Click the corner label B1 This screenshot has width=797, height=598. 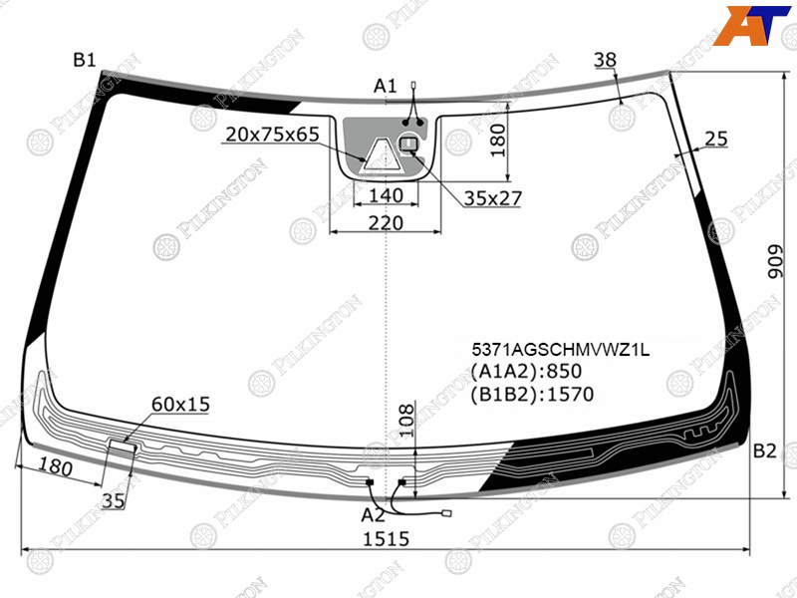coord(85,61)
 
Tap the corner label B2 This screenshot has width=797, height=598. coord(764,451)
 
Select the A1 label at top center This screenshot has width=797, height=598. coord(385,87)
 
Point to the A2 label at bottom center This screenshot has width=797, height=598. coord(373,515)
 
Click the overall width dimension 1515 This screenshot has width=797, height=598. coord(386,539)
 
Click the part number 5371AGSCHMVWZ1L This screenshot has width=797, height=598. coord(561,350)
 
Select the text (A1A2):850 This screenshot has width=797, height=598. coord(526,372)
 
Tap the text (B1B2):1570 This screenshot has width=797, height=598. coord(532,394)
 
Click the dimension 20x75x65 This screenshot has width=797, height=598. coord(272,135)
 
